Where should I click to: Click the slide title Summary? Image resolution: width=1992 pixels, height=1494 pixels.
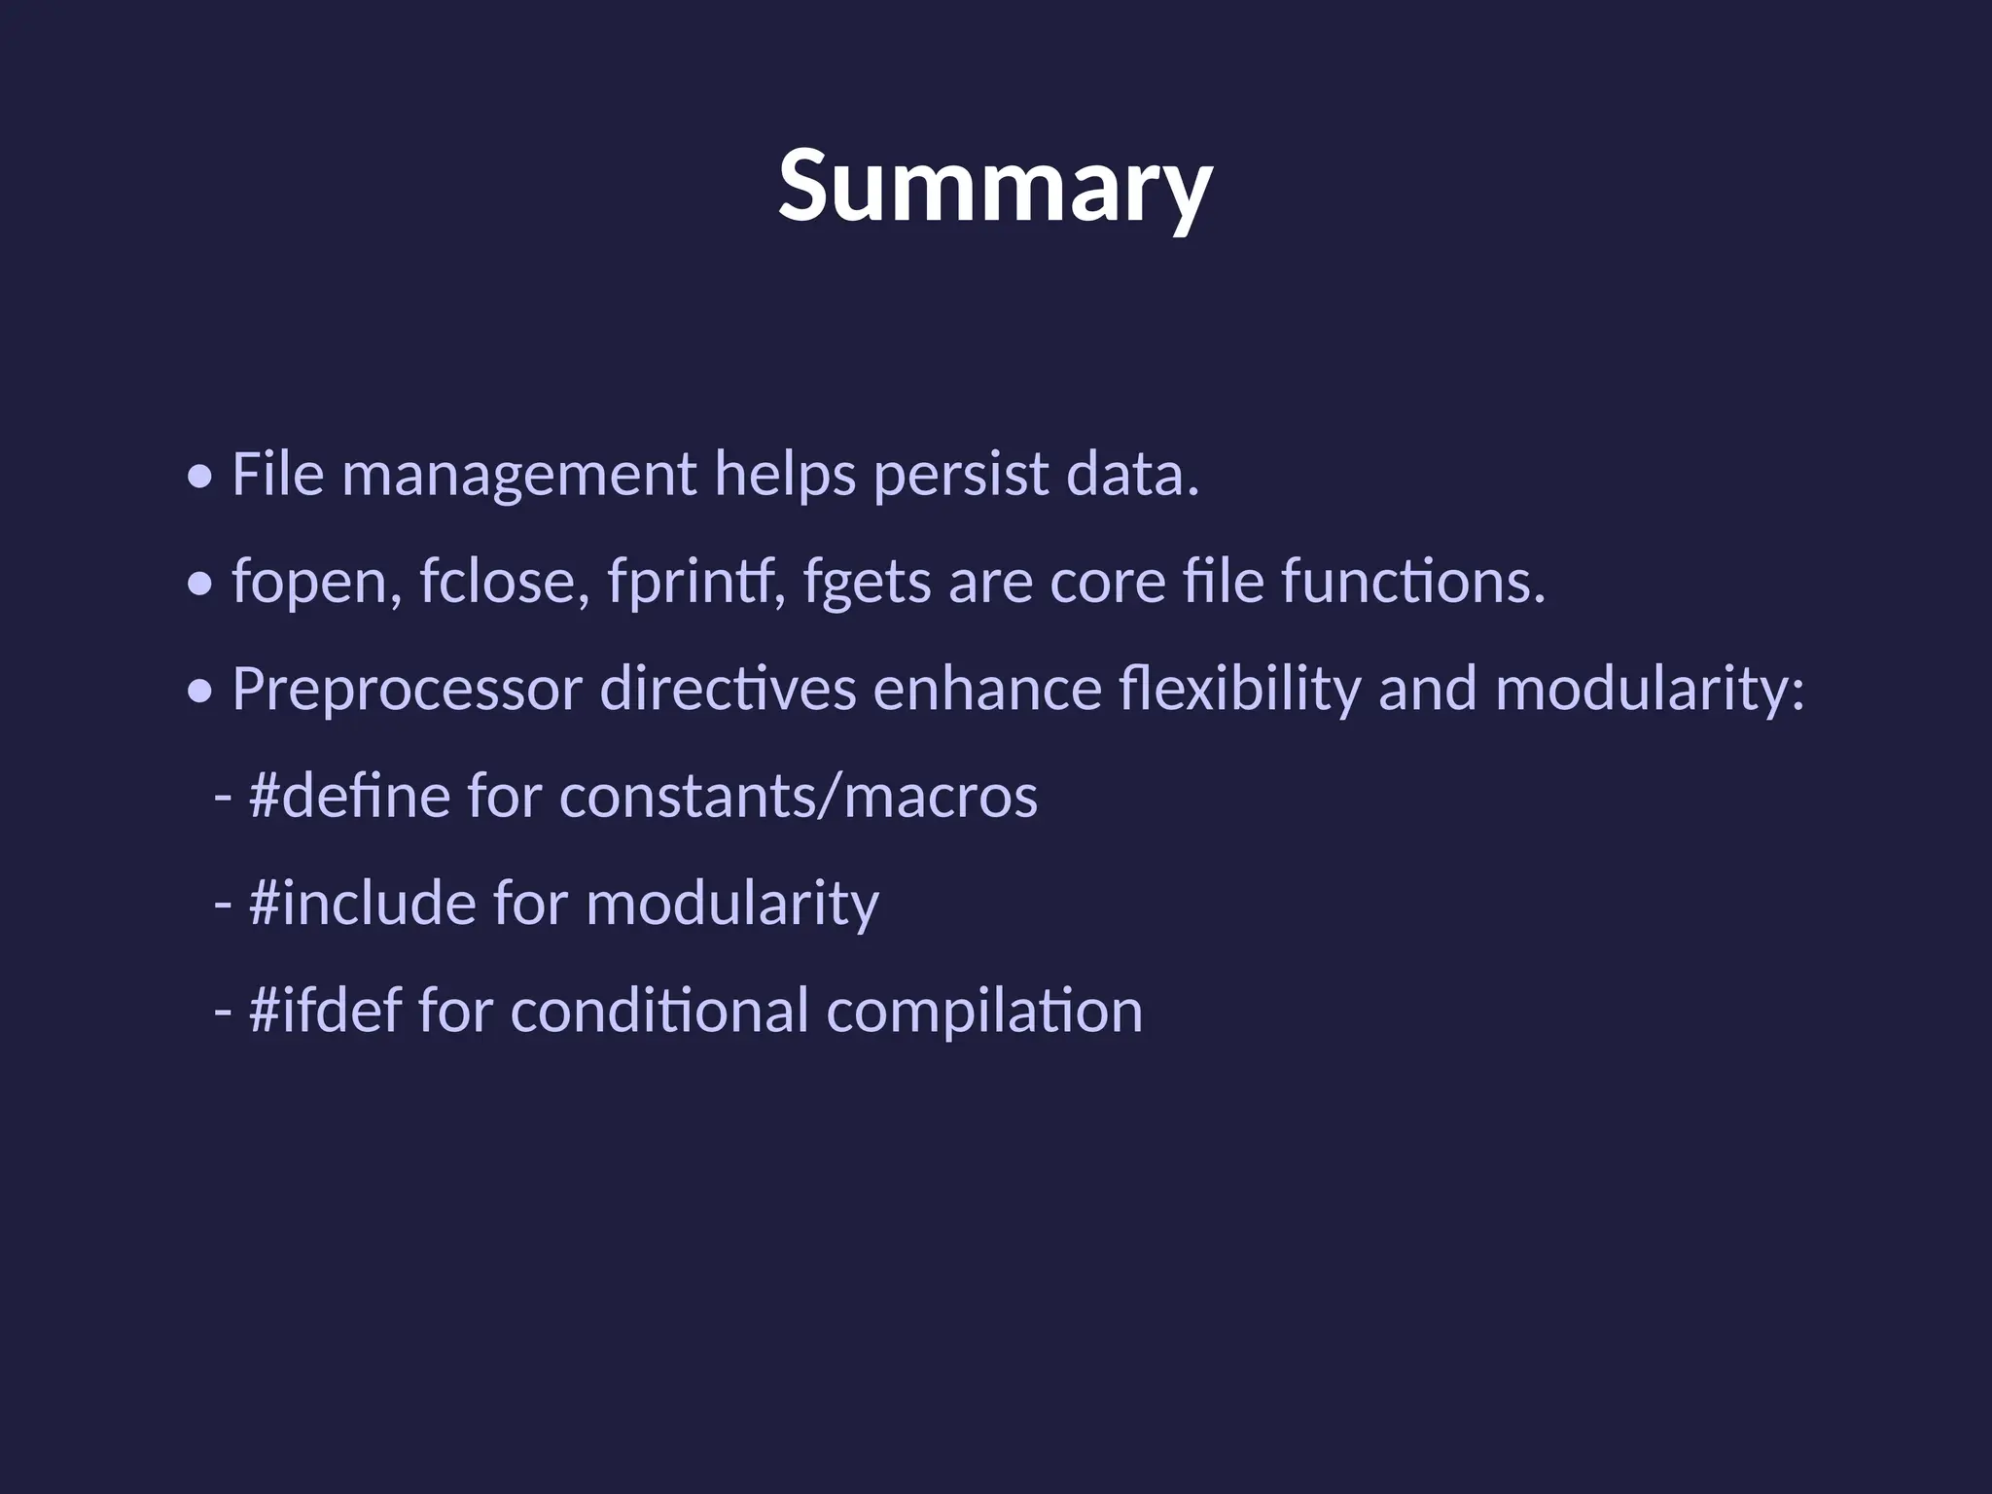[995, 186]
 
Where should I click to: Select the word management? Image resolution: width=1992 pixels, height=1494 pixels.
[518, 477]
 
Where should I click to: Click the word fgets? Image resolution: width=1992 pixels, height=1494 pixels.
[867, 583]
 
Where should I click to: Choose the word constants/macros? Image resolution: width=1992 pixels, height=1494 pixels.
[799, 797]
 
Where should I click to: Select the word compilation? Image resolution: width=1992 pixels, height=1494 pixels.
[984, 1012]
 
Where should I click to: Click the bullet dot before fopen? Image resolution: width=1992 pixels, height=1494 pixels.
[200, 586]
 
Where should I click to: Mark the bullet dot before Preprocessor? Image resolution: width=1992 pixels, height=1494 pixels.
[200, 693]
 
